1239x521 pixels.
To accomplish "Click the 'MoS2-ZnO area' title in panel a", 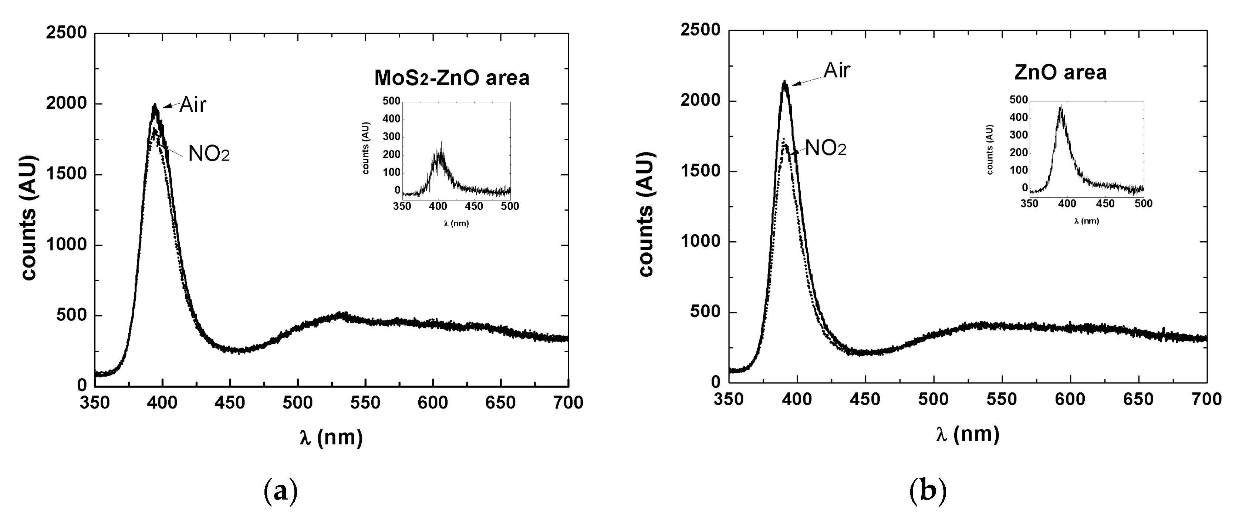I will [x=452, y=78].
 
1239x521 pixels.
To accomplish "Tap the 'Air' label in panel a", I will [x=192, y=105].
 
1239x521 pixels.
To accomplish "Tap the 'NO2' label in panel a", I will [x=209, y=154].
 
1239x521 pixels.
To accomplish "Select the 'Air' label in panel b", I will [x=837, y=71].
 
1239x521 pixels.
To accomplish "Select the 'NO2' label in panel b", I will [x=826, y=148].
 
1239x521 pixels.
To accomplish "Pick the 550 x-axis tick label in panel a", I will [x=365, y=403].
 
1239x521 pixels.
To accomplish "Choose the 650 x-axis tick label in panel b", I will [x=1138, y=399].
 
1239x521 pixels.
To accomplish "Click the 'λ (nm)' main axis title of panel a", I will [x=331, y=437].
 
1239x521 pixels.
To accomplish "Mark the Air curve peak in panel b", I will [x=784, y=82].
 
